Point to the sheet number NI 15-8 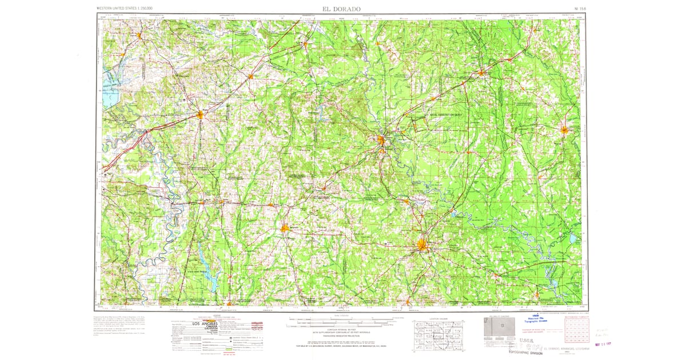581,9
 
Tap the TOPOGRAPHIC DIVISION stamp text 524,353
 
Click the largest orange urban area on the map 422,246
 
